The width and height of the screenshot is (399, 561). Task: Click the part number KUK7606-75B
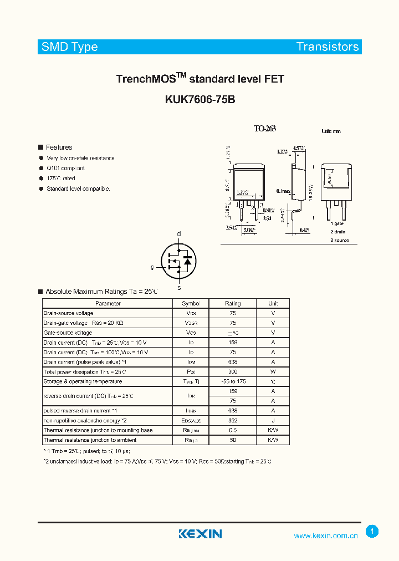[x=200, y=100]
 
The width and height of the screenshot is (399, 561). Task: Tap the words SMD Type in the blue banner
[x=70, y=47]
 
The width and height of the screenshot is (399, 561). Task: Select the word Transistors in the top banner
[x=327, y=47]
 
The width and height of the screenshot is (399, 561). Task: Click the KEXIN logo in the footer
[x=200, y=534]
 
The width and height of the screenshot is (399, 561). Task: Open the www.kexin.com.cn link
[x=325, y=535]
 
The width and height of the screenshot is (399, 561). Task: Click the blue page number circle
[x=372, y=532]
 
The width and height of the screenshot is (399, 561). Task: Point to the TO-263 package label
[x=264, y=129]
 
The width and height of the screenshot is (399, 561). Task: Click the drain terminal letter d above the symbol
[x=178, y=234]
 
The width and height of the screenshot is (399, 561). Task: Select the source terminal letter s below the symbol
[x=178, y=288]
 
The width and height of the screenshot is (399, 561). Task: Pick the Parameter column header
[x=108, y=303]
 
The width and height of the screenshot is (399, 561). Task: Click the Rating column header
[x=233, y=303]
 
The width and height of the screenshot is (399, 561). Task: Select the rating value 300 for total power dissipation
[x=233, y=372]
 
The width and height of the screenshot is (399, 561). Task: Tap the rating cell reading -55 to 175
[x=233, y=381]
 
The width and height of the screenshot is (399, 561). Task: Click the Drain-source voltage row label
[x=68, y=313]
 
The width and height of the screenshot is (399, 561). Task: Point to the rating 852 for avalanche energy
[x=233, y=420]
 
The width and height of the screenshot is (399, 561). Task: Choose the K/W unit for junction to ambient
[x=273, y=440]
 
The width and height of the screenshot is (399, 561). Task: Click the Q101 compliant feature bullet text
[x=65, y=168]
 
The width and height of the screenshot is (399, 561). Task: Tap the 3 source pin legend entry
[x=340, y=240]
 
